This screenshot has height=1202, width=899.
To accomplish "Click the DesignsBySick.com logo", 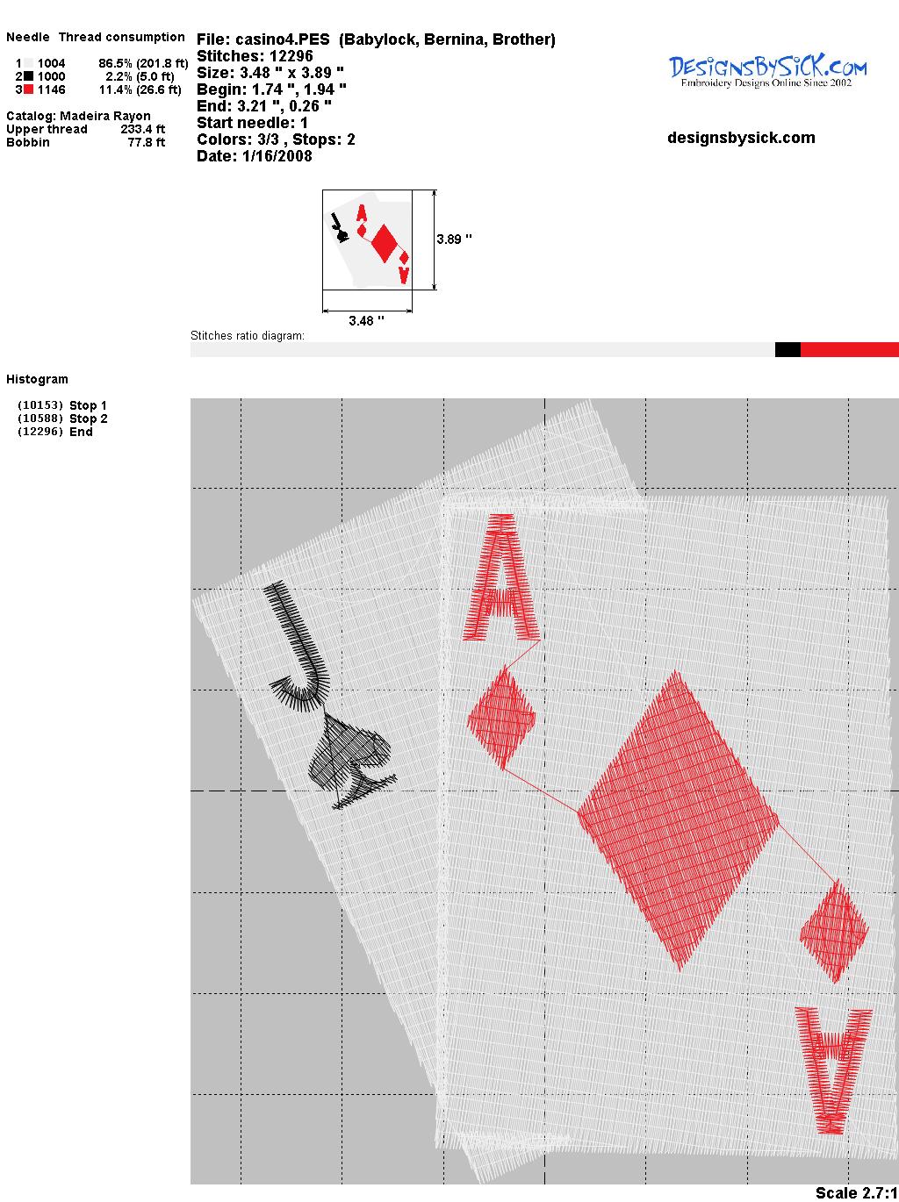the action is [767, 71].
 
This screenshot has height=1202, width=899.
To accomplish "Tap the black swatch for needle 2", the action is [28, 76].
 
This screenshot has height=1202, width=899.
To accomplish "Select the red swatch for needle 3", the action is [28, 89].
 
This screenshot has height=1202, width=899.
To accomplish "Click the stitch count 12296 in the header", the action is [291, 56].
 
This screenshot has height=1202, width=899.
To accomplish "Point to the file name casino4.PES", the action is [283, 39].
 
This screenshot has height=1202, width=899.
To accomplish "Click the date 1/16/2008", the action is [277, 156].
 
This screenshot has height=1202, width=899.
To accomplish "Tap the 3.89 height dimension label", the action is [454, 240].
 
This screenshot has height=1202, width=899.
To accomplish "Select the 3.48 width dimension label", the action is [366, 320].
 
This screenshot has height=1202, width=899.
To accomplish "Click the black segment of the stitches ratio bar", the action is [788, 349].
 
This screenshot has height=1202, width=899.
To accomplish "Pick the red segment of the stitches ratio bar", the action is [850, 349].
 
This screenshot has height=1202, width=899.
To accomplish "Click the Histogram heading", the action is [37, 379].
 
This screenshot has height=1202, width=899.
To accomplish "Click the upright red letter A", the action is [501, 577].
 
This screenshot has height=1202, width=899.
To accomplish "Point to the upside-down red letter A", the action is [833, 1070].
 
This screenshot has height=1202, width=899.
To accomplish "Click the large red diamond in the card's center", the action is [678, 820].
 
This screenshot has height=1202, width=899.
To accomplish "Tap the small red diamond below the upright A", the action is [501, 719].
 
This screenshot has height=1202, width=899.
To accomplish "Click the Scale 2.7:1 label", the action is [857, 1192].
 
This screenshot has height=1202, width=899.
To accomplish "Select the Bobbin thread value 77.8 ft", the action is [147, 142].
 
